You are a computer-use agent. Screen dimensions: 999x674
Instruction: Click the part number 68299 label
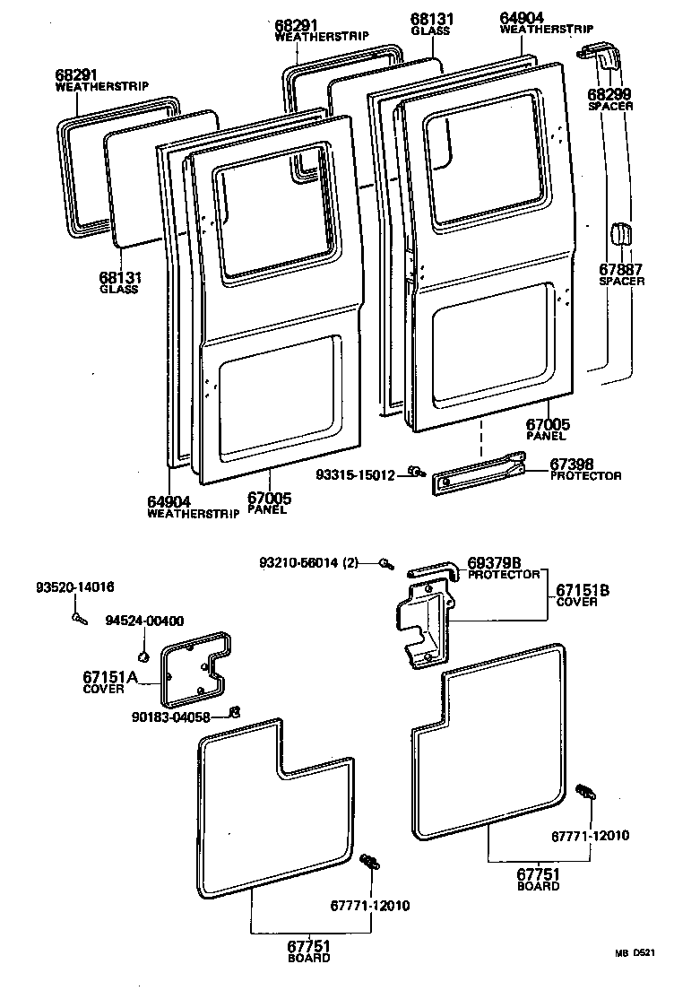pyautogui.click(x=610, y=93)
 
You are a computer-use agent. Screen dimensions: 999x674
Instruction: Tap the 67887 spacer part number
pyautogui.click(x=619, y=268)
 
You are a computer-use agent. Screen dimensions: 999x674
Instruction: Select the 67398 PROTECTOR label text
pyautogui.click(x=584, y=470)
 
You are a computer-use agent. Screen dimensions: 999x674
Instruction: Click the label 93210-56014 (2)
pyautogui.click(x=308, y=562)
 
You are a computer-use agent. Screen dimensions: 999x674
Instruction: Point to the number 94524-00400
pyautogui.click(x=144, y=621)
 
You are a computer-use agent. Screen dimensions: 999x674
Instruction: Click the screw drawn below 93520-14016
pyautogui.click(x=78, y=617)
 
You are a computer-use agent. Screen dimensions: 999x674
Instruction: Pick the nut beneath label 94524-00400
pyautogui.click(x=144, y=647)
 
